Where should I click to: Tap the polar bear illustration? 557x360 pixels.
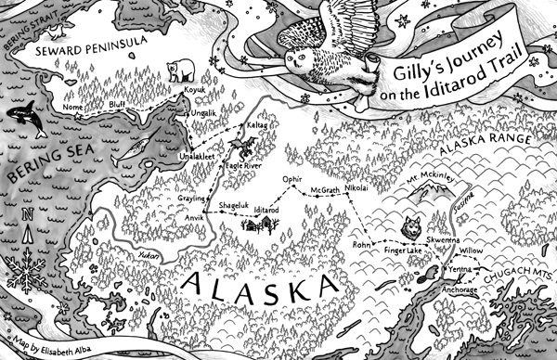178,70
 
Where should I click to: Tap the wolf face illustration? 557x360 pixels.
411,225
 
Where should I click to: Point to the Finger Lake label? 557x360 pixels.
402,251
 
